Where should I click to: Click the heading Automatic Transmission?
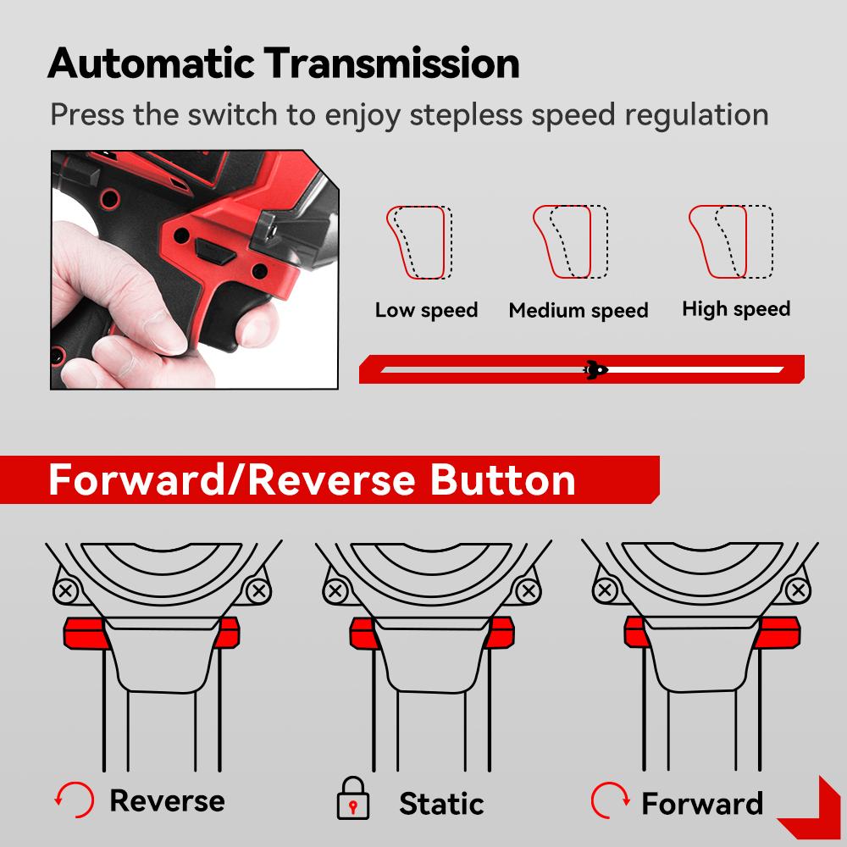point(283,64)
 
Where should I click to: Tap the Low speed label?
point(426,310)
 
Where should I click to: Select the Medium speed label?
point(579,311)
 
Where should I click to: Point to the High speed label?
point(735,309)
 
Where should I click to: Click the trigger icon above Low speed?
point(419,242)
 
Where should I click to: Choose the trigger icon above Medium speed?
point(570,242)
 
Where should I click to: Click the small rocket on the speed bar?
point(595,369)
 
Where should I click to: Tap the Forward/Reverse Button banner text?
point(312,479)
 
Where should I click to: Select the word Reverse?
point(167,800)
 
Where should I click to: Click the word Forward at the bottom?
point(702,802)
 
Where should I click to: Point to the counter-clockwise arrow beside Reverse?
point(72,800)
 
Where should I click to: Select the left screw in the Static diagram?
point(335,590)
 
